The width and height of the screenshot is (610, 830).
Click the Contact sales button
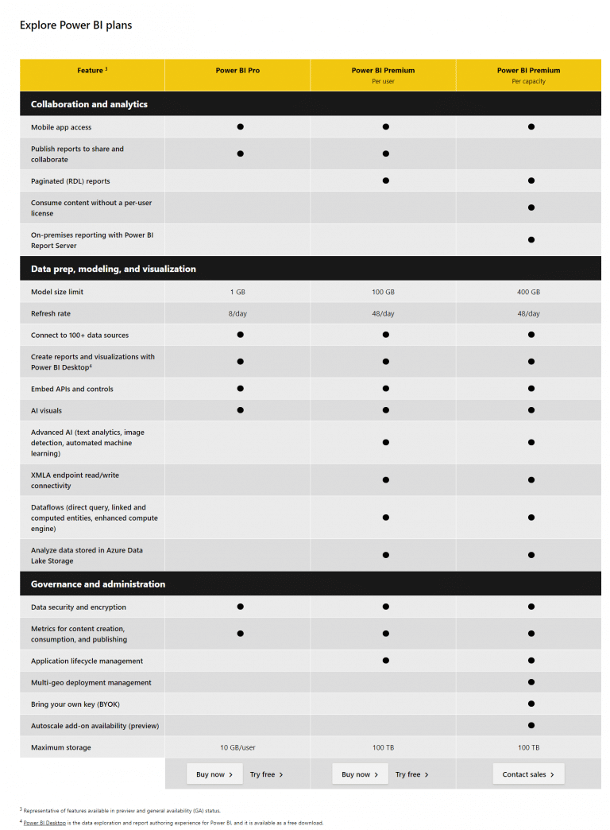tap(528, 774)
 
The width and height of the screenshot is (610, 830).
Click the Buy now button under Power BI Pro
tap(214, 774)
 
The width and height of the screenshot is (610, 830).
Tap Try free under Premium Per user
tap(411, 774)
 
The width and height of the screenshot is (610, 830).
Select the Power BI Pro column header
tap(237, 71)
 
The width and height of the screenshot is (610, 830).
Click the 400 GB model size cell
tap(528, 292)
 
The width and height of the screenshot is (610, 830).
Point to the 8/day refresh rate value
tap(237, 313)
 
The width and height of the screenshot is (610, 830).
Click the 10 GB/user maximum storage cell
tap(237, 747)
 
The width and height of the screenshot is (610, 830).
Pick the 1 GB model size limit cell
tap(237, 292)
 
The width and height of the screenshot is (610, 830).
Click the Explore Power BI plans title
tap(76, 25)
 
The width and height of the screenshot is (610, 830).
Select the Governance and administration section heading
tap(98, 584)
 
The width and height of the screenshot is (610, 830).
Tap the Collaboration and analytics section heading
tap(89, 104)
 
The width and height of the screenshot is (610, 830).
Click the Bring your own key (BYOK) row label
tap(75, 704)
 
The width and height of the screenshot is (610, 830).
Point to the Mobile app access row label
tap(61, 127)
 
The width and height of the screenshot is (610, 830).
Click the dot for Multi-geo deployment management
tap(531, 682)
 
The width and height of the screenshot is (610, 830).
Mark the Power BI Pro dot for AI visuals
tap(240, 410)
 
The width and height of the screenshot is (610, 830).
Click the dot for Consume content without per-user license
tap(531, 207)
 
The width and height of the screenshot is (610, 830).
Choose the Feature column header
tap(91, 71)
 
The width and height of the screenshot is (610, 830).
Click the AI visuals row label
tap(46, 411)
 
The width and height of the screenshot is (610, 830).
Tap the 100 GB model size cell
tap(383, 292)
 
